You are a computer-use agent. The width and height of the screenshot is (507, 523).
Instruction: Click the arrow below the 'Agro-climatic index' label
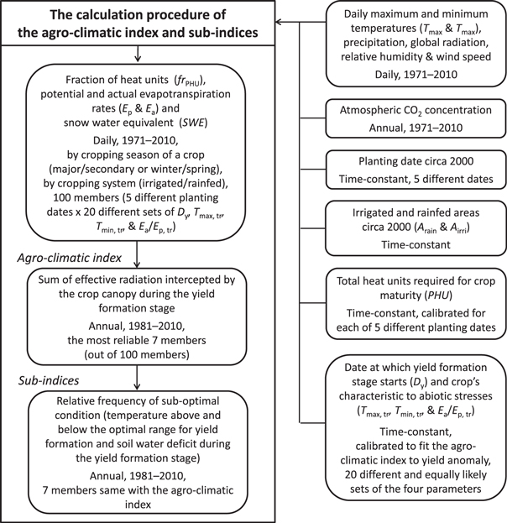click(139, 262)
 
